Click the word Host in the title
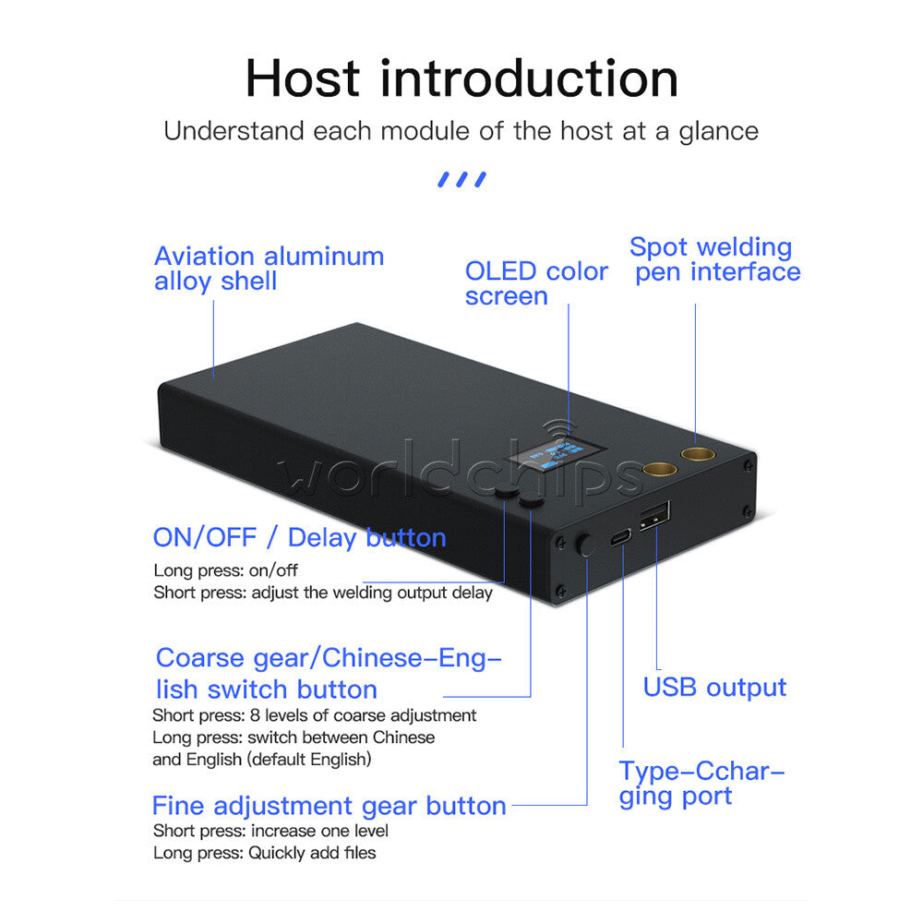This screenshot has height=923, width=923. [x=303, y=78]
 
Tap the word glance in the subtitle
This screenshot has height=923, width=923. [x=719, y=132]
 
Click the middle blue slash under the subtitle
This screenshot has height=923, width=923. [x=462, y=180]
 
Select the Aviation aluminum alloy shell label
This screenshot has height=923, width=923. [x=269, y=269]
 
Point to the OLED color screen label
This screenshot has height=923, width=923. [x=536, y=283]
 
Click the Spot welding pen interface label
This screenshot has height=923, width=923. [x=714, y=259]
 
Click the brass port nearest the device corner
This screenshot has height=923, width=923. [x=698, y=453]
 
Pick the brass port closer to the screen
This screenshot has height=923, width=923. [x=660, y=469]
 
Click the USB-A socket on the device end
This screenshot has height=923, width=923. [x=654, y=516]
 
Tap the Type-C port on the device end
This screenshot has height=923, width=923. [x=620, y=537]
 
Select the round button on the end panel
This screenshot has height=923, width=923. [x=586, y=545]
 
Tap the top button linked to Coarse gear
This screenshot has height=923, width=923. [x=532, y=501]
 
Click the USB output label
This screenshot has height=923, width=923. [x=714, y=688]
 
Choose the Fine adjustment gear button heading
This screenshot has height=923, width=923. [x=330, y=807]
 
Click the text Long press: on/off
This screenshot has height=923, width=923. [x=225, y=570]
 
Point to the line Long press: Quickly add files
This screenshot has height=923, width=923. [x=264, y=853]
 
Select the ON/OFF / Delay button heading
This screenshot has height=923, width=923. [x=300, y=538]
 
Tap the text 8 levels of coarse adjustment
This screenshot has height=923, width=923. [x=363, y=716]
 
